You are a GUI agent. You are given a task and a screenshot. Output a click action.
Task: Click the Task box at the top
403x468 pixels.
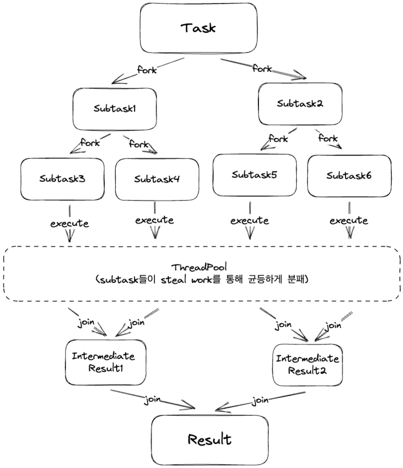198,28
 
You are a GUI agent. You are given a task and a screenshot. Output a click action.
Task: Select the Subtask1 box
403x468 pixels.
115,109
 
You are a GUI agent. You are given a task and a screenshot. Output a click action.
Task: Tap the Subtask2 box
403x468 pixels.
300,104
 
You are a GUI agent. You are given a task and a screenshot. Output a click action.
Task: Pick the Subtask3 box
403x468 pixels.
62,179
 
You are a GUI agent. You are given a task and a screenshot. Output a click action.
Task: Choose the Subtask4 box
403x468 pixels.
157,179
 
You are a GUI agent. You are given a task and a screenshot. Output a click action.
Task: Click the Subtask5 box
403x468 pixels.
254,175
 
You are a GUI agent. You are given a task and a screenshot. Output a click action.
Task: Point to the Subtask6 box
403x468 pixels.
349,176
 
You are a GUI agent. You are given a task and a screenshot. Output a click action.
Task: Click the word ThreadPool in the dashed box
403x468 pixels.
199,267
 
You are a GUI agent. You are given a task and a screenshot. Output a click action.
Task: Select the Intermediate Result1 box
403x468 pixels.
105,362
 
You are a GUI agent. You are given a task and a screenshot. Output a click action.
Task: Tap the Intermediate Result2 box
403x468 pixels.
307,365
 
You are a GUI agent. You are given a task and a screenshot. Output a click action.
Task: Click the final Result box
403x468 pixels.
209,440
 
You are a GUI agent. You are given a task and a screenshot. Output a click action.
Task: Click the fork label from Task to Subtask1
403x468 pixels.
147,70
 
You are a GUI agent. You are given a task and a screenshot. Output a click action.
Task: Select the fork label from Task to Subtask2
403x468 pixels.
262,68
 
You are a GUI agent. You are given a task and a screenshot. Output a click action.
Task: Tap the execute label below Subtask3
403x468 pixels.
69,224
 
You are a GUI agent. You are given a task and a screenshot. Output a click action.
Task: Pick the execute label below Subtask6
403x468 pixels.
349,220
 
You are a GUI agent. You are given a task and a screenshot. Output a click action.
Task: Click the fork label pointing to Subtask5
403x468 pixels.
278,139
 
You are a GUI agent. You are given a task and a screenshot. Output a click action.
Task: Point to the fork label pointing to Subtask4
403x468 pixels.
138,144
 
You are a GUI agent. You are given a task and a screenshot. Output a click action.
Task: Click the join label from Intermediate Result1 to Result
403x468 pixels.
153,400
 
